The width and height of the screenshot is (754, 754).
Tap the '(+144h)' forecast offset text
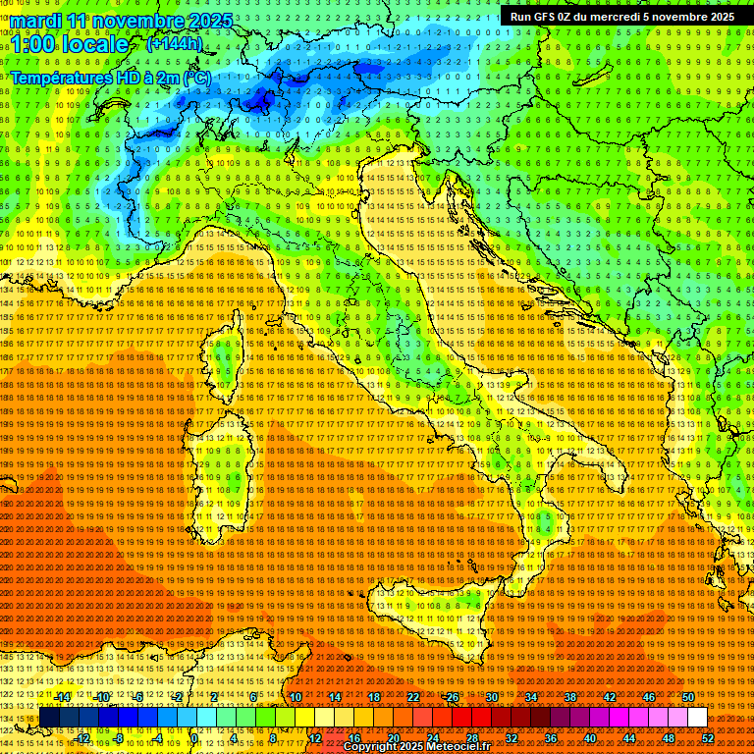tap(174, 43)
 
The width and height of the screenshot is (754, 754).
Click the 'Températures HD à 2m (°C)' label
tap(110, 77)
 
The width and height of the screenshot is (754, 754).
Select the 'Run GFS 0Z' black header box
tap(621, 16)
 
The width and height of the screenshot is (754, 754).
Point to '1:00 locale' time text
tap(69, 44)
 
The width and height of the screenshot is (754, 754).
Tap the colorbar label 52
tap(708, 737)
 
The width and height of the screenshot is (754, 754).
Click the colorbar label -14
tap(64, 696)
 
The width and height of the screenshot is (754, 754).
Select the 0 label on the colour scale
tap(194, 737)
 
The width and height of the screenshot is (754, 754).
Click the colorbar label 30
tap(492, 696)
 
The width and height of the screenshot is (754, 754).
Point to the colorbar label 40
tap(590, 737)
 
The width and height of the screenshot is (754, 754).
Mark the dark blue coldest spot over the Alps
tap(260, 98)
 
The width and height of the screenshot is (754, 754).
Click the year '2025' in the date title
tap(210, 21)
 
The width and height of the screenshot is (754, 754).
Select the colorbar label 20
tap(393, 737)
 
